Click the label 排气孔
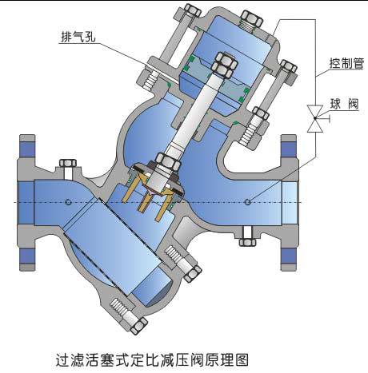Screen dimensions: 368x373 pyautogui.click(x=78, y=37)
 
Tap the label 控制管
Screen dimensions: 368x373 pyautogui.click(x=346, y=63)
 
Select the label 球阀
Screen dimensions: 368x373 pyautogui.click(x=345, y=105)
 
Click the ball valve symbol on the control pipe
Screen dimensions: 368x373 pyautogui.click(x=315, y=118)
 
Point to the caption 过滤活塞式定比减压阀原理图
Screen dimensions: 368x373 pyautogui.click(x=152, y=359)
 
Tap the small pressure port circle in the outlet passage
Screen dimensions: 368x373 pyautogui.click(x=248, y=202)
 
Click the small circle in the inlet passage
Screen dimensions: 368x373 pyautogui.click(x=68, y=202)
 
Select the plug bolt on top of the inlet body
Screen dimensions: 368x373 pyautogui.click(x=68, y=166)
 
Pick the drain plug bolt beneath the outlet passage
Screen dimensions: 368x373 pyautogui.click(x=247, y=236)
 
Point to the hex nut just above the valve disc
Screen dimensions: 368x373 pyautogui.click(x=167, y=161)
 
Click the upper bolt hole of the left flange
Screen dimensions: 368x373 pyautogui.click(x=27, y=149)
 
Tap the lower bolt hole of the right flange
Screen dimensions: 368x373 pyautogui.click(x=289, y=256)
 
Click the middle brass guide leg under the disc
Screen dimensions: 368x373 pyautogui.click(x=144, y=201)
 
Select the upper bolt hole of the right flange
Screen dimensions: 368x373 pyautogui.click(x=289, y=149)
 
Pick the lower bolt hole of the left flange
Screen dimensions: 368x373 pyautogui.click(x=27, y=256)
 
